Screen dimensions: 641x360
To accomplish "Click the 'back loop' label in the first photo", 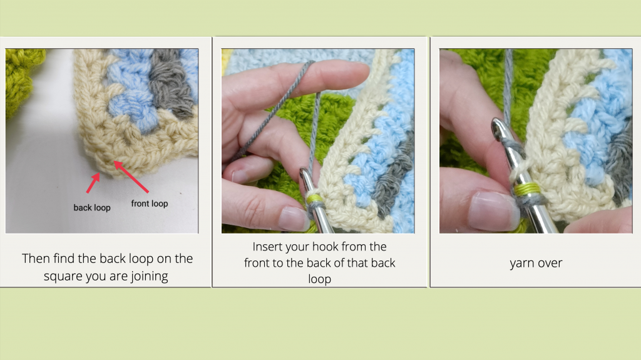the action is [92, 207].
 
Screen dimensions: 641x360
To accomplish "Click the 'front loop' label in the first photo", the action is [150, 203].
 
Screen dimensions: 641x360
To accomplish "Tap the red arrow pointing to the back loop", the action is [93, 182].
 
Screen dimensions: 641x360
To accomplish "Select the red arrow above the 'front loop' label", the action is [131, 177].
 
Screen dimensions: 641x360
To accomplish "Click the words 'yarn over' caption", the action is [536, 263].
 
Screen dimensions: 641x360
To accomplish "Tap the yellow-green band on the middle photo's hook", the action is [313, 198].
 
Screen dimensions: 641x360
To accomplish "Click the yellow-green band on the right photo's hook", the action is [526, 189].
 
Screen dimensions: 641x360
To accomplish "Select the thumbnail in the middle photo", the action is [294, 219].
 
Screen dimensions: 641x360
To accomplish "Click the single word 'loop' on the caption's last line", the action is [320, 279].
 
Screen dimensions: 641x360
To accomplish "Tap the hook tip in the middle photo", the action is [304, 174].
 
